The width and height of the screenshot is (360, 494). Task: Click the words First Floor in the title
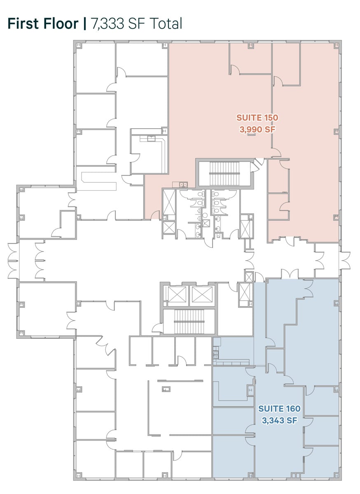(43, 23)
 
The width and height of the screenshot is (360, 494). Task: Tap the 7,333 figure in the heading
(108, 24)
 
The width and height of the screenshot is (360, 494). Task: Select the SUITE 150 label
(257, 118)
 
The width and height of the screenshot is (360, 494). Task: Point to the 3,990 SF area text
(257, 129)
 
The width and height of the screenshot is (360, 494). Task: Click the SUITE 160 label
(279, 409)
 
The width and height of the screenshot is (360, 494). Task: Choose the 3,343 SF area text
(279, 420)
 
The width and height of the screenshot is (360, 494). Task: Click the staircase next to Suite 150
(224, 174)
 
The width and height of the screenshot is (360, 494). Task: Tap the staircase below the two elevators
(189, 322)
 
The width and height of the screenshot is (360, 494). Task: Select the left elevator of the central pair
(177, 295)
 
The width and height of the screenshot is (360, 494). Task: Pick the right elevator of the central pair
(202, 295)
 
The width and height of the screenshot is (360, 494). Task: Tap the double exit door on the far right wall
(344, 260)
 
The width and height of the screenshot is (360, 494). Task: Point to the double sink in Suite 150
(183, 184)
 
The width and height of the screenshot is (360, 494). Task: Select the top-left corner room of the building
(95, 68)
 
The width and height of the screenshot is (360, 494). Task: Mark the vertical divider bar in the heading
(85, 23)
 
